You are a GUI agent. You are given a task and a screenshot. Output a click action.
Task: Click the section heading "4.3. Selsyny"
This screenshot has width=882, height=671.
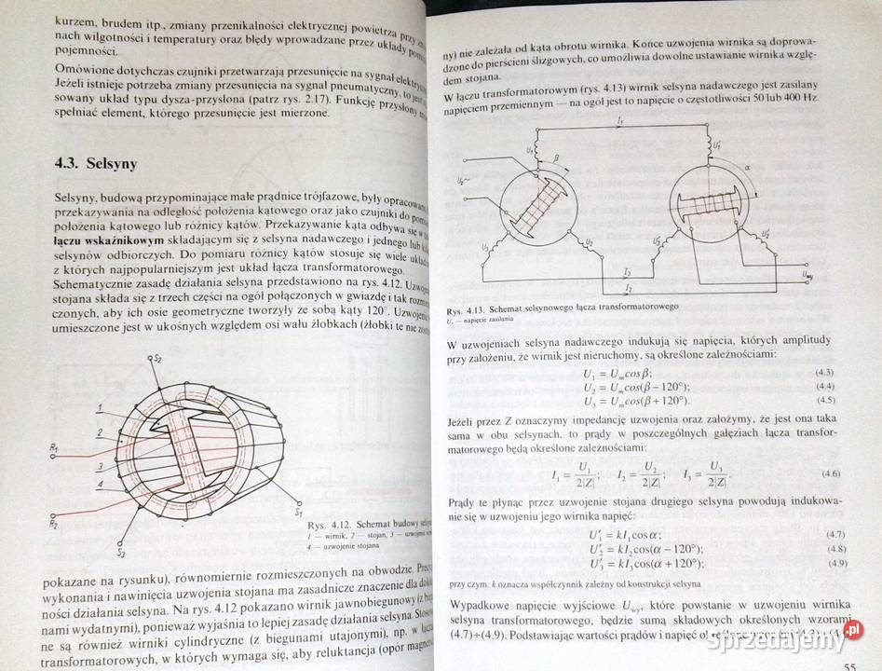97,164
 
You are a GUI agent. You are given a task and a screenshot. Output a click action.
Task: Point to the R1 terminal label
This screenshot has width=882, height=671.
55,448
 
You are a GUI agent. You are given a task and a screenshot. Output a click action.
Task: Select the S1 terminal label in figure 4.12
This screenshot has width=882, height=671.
299,512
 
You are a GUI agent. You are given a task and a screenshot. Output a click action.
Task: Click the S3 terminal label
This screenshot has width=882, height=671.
120,553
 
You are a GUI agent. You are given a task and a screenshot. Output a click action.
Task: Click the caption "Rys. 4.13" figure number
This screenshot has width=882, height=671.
468,308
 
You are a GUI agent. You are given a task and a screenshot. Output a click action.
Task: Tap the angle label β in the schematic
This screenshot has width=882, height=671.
557,158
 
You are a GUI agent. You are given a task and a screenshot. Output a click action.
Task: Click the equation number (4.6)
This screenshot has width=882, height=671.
832,473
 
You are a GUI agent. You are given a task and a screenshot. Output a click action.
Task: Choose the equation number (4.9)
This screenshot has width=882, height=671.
837,564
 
